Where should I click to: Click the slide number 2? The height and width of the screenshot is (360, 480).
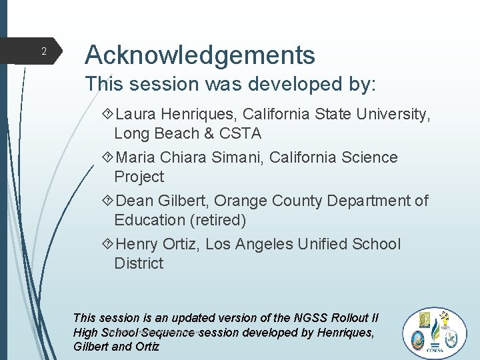pos(43,51)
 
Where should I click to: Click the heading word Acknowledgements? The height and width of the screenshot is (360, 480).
pos(200,55)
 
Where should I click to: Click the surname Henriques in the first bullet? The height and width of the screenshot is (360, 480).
pos(203,115)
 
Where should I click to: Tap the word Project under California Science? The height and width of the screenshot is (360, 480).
pos(139,177)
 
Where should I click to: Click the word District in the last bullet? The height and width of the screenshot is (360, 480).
pos(139,263)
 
